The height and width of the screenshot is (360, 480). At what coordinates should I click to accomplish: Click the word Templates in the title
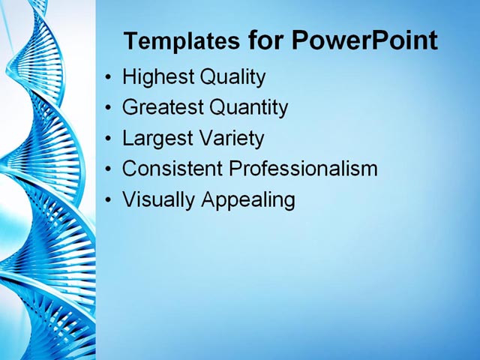[x=182, y=41]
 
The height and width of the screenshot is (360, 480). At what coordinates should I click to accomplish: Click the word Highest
[x=154, y=77]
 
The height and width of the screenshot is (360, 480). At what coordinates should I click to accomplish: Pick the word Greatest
[x=162, y=108]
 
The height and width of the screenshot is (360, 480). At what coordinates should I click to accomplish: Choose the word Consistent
[x=172, y=169]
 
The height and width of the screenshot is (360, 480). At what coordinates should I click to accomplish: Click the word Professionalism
[x=303, y=169]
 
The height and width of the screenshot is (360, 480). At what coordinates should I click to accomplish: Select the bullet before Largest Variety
[x=109, y=139]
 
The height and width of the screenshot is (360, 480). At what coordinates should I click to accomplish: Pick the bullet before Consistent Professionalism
[x=109, y=169]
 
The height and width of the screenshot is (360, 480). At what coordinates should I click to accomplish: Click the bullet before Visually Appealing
[x=109, y=200]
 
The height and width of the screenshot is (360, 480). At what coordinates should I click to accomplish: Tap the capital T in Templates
[x=130, y=40]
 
